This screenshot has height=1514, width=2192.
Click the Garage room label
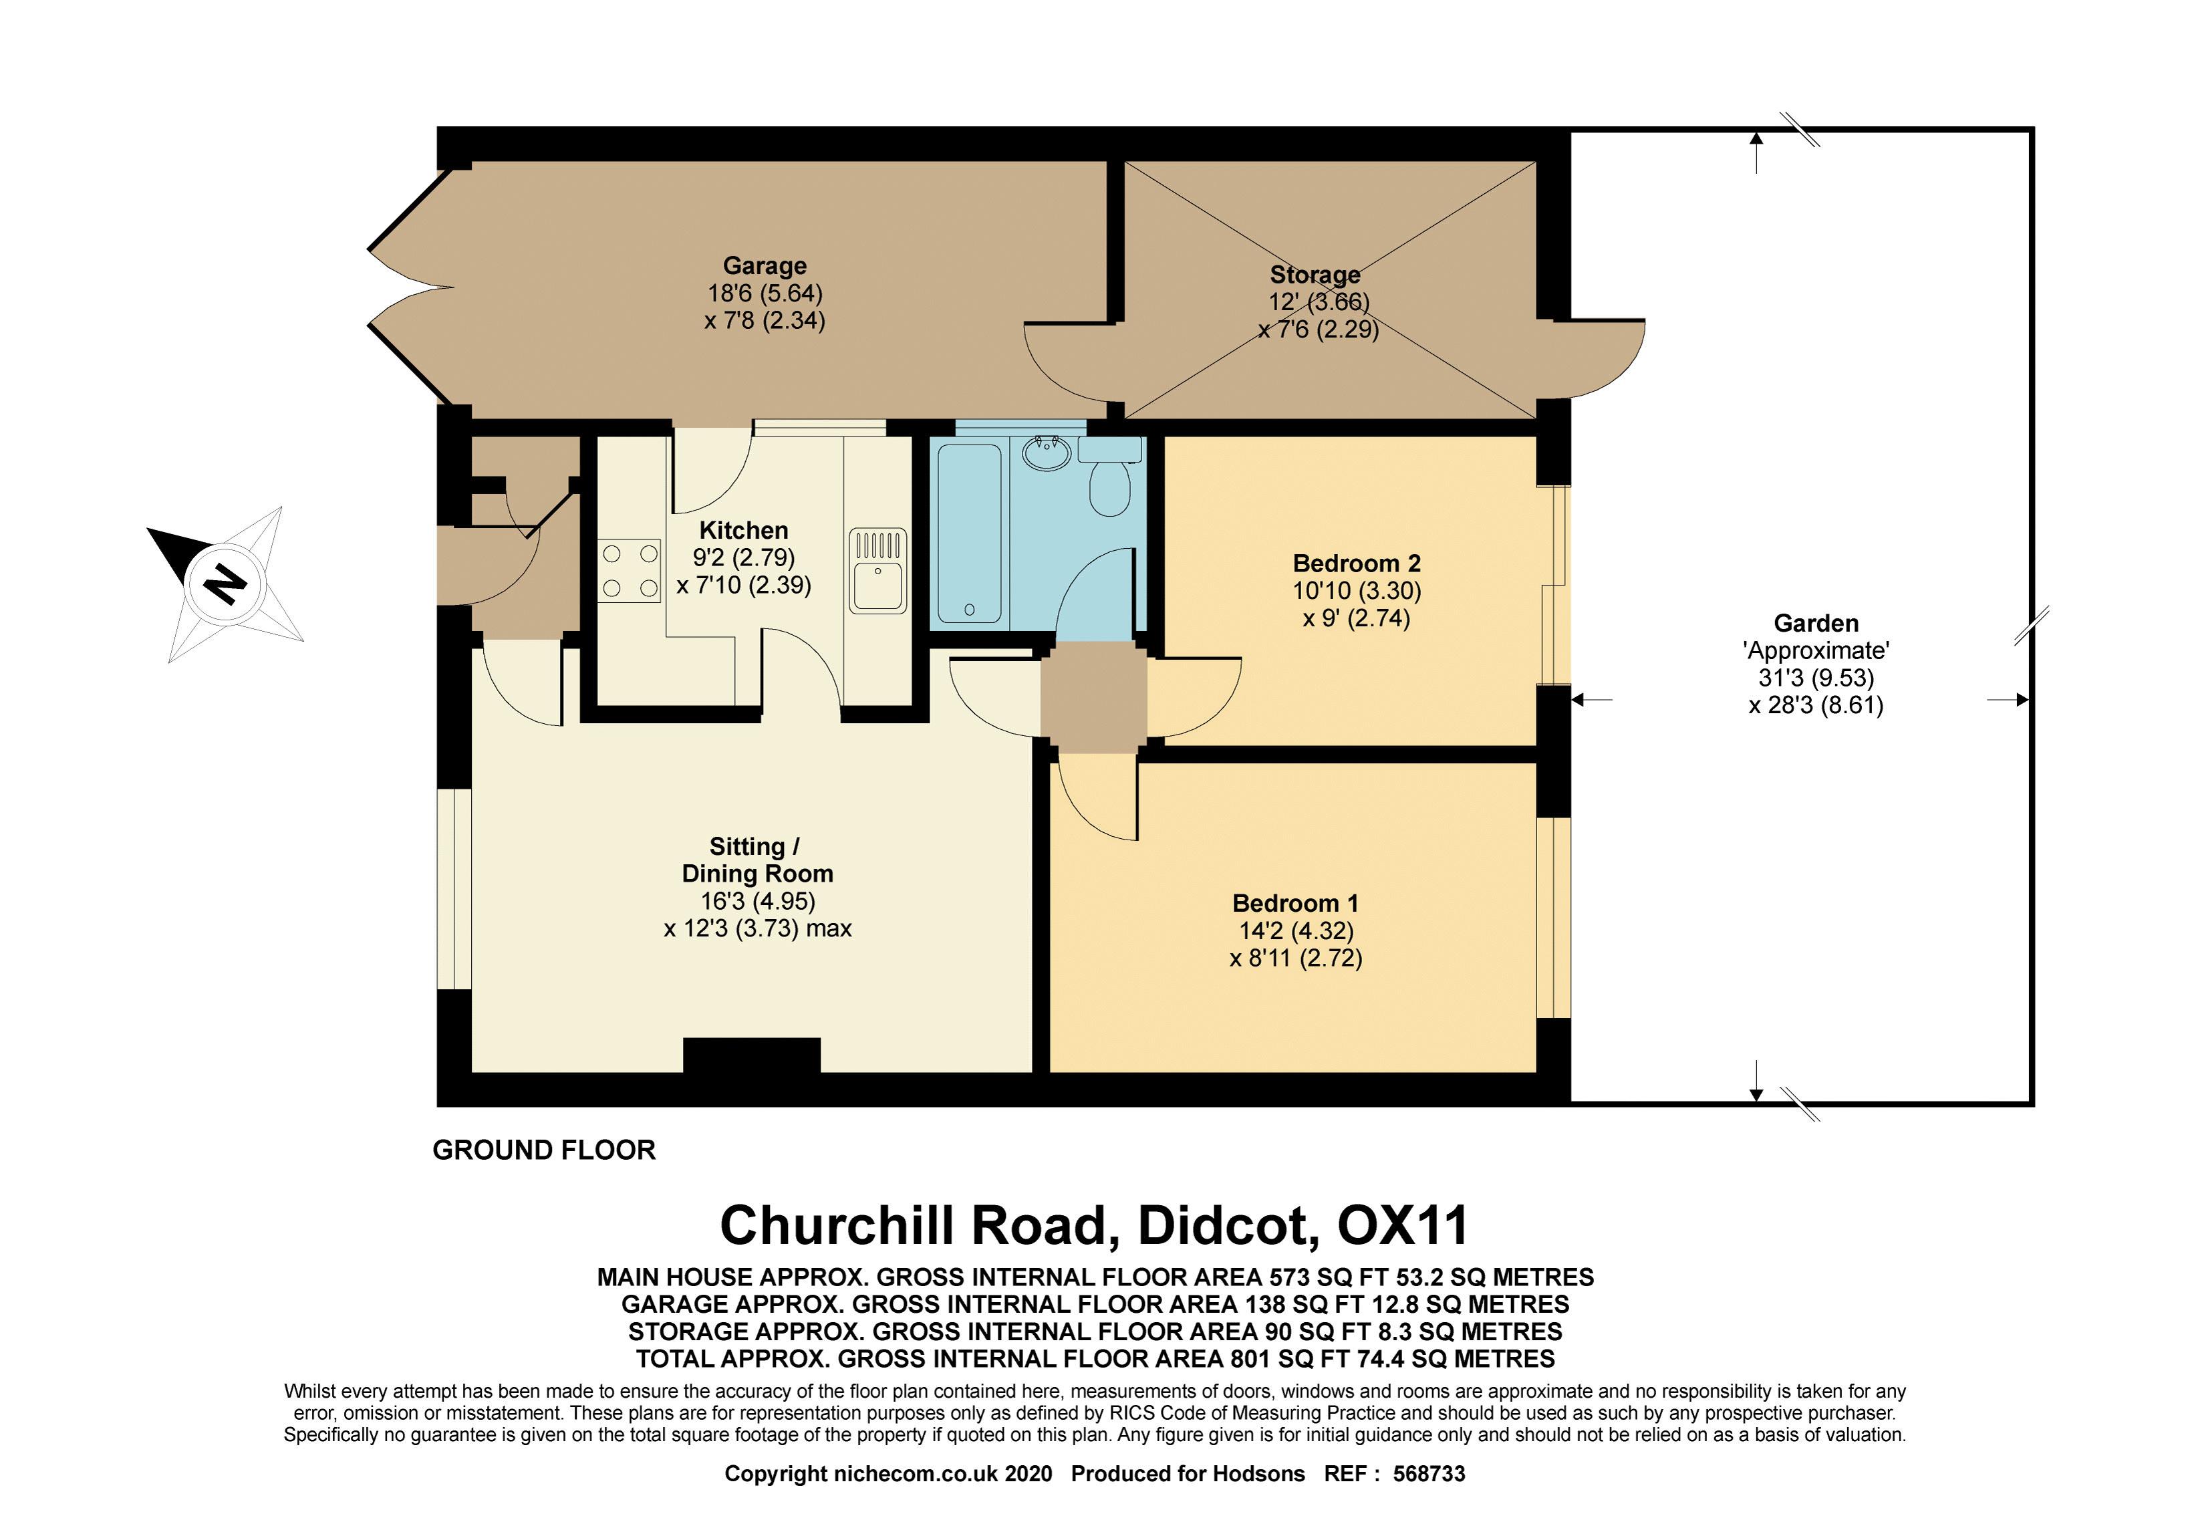(765, 265)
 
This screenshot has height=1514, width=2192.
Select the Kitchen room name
(744, 530)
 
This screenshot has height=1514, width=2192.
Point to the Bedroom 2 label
(1357, 563)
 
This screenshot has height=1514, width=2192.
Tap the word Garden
(1816, 623)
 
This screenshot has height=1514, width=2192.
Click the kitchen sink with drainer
(877, 571)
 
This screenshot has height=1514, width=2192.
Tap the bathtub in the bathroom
(968, 534)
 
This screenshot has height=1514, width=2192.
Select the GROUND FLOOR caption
(543, 1150)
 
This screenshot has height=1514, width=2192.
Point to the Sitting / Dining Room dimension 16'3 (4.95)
(758, 901)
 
